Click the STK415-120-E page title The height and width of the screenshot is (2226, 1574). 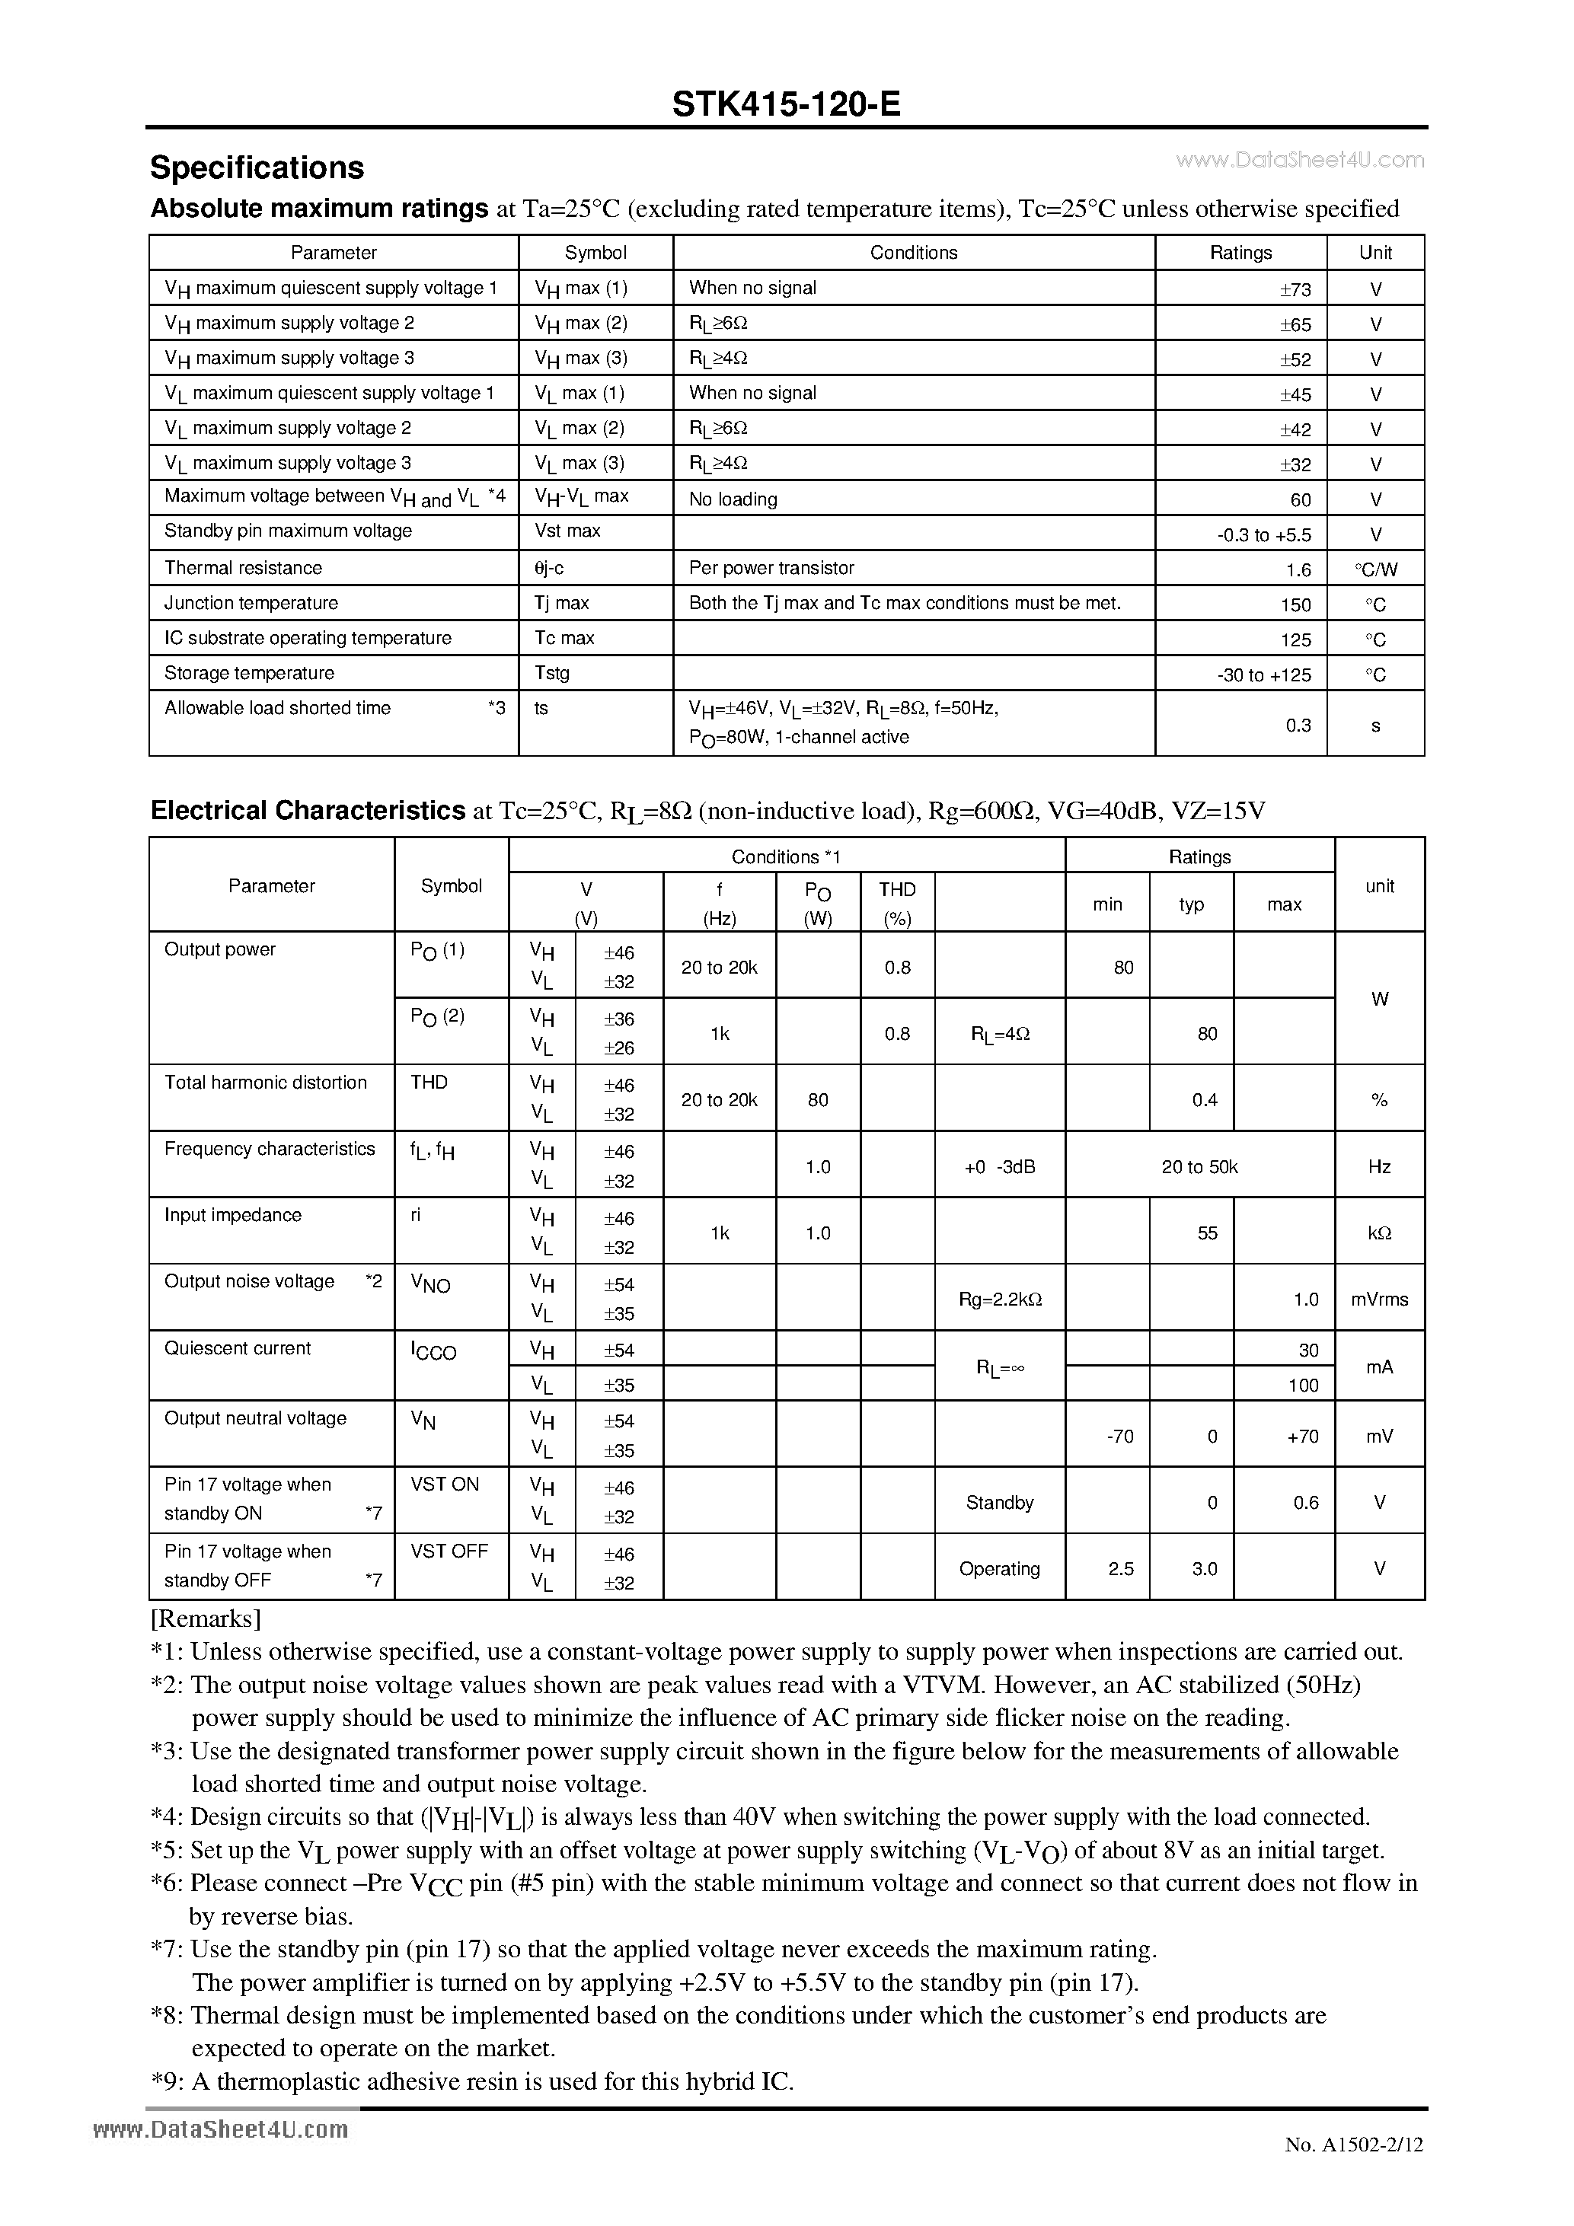(x=786, y=104)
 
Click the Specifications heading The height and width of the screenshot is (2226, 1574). (x=257, y=167)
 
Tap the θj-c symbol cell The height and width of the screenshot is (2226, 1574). (x=549, y=568)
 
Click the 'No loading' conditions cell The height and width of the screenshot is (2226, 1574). (x=733, y=499)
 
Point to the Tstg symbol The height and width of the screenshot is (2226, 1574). (x=552, y=673)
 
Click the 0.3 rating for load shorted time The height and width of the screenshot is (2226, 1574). (x=1298, y=726)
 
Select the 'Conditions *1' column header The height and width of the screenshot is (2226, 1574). (x=786, y=857)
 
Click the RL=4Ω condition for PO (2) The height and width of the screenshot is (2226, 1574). (x=1000, y=1035)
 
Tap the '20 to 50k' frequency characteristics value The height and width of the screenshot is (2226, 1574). (x=1199, y=1167)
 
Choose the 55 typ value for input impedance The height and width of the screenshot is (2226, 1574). (x=1206, y=1233)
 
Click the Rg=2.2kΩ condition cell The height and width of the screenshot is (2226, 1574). (x=1000, y=1300)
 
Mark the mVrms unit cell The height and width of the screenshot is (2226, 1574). (x=1379, y=1300)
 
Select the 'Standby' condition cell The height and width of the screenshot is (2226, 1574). (x=1000, y=1503)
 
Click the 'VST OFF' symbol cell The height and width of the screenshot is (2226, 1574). (x=449, y=1552)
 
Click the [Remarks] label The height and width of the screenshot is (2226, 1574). (x=206, y=1619)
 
